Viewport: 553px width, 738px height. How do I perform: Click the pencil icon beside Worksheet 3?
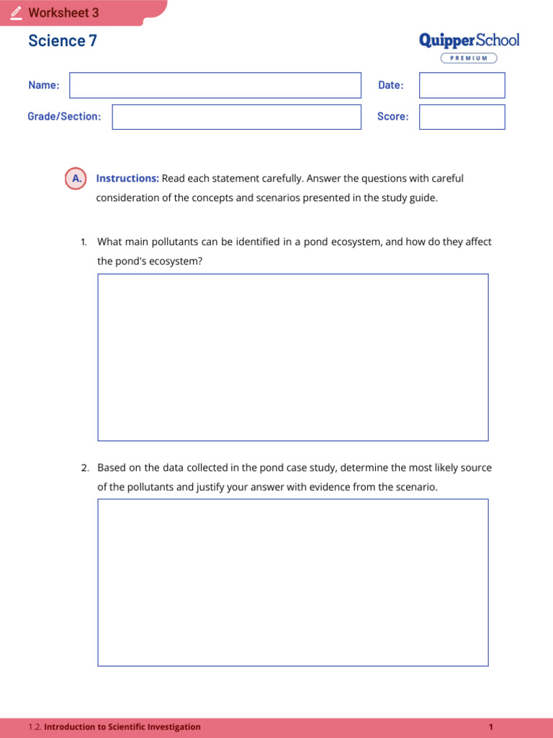click(x=16, y=13)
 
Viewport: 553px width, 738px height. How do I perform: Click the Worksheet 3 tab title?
click(x=63, y=13)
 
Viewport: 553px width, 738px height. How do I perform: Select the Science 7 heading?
click(x=63, y=41)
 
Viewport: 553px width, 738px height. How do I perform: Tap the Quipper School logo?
click(x=469, y=40)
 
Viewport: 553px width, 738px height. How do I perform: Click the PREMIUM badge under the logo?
click(x=469, y=58)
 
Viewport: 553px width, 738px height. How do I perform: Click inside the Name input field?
click(x=215, y=85)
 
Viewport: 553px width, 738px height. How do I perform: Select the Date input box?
click(x=462, y=85)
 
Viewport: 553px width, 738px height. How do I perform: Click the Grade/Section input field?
click(x=236, y=117)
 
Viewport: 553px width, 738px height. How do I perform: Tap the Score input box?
click(x=462, y=117)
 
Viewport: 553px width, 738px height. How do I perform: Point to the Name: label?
click(x=44, y=85)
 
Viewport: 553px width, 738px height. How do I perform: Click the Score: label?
click(x=392, y=117)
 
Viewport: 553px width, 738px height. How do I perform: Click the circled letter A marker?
click(x=76, y=179)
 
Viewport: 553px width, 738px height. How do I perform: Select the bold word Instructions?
click(x=127, y=179)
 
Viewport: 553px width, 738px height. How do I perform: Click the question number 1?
click(x=84, y=242)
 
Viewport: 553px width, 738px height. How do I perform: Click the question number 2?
click(x=84, y=468)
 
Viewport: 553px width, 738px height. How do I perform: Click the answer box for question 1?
click(x=292, y=357)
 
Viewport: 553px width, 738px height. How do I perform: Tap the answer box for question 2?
click(x=292, y=582)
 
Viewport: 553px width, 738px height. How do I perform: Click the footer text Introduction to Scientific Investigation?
click(x=122, y=727)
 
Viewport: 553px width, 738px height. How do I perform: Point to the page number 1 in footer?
click(x=490, y=727)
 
